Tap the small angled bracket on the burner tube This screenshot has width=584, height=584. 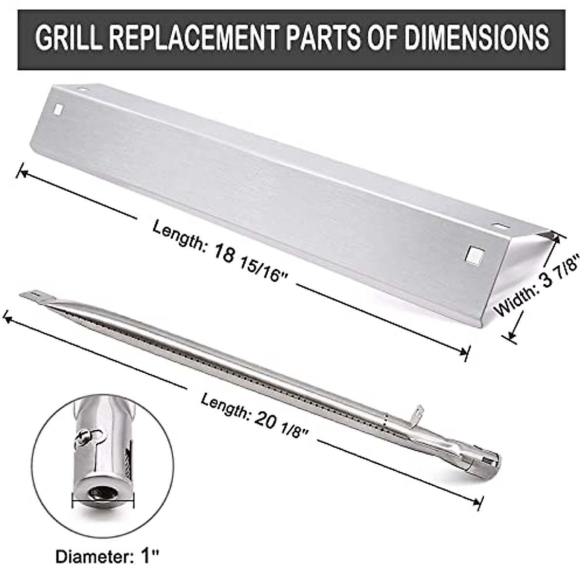click(x=415, y=414)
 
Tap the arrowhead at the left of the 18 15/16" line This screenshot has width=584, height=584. click(x=22, y=172)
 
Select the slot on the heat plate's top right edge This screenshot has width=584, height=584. click(x=499, y=226)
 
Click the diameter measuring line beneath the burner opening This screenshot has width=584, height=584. click(x=103, y=511)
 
